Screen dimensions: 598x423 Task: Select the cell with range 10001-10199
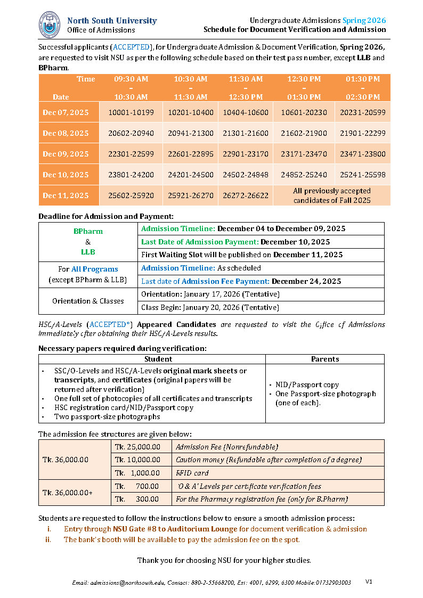(131, 112)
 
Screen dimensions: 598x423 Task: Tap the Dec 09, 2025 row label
(66, 154)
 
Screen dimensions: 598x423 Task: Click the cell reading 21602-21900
(304, 133)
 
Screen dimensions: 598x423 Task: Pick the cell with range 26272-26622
(246, 195)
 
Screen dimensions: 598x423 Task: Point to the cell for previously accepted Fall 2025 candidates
(332, 195)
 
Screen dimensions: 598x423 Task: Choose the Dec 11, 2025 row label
(66, 195)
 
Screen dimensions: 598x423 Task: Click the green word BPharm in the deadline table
(88, 232)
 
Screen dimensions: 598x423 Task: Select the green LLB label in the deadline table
(88, 251)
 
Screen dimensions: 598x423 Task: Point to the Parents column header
(325, 359)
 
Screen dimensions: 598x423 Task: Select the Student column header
(151, 359)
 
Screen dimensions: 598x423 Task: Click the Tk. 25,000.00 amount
(137, 447)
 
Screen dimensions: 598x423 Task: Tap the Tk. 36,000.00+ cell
(67, 493)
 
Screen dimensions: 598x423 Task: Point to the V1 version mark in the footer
(369, 581)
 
